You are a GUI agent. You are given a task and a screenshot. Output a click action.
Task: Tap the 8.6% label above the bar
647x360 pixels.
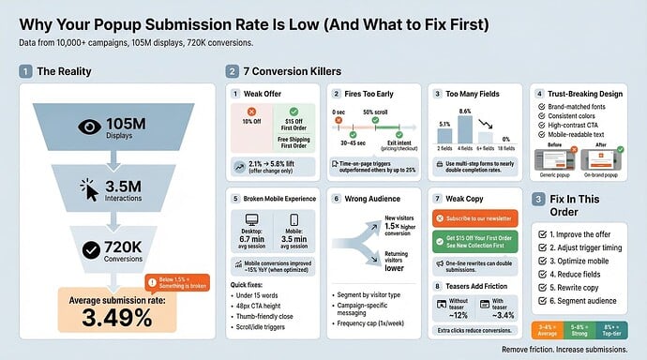[x=464, y=112]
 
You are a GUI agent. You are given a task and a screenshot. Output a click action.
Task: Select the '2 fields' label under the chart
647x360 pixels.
[x=444, y=147]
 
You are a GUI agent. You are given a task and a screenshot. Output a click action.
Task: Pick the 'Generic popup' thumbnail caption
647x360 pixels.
[x=554, y=175]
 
